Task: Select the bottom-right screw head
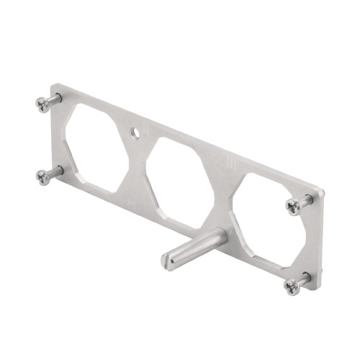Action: (292, 287)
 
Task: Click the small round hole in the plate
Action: (134, 133)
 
